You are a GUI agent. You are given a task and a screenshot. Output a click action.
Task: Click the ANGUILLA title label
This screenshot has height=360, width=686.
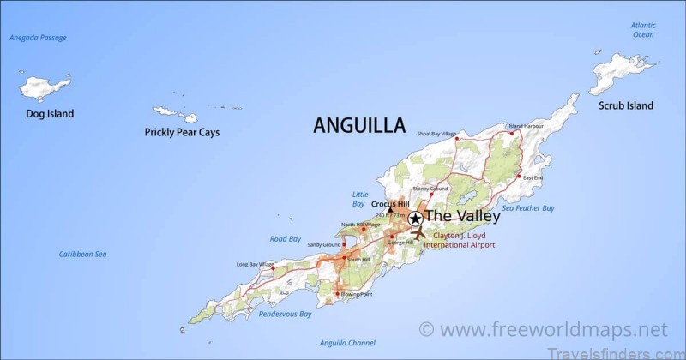tap(359, 125)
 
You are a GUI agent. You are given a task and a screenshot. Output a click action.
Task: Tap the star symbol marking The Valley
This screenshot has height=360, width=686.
tap(415, 218)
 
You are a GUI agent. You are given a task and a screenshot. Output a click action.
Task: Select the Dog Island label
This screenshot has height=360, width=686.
tap(49, 114)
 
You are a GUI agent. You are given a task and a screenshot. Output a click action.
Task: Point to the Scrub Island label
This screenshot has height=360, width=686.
tap(626, 106)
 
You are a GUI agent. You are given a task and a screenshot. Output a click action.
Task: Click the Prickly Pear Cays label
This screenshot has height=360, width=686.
tap(181, 133)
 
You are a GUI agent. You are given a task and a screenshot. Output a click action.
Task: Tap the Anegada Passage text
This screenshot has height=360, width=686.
tap(38, 38)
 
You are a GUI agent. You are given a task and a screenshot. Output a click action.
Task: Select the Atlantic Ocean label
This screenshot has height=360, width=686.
tap(643, 30)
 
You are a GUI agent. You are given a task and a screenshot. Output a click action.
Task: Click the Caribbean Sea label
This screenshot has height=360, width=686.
tap(82, 254)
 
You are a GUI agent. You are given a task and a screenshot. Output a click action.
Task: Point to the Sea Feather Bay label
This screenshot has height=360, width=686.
tap(528, 208)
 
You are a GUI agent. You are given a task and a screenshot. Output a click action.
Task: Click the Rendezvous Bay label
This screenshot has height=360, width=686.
tap(285, 314)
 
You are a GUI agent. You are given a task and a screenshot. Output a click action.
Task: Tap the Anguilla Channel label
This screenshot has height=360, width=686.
tap(346, 343)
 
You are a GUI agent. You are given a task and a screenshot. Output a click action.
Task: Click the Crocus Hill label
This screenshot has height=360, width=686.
tap(389, 203)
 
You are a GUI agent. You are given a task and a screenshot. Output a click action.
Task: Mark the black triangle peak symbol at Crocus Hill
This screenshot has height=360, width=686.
tap(390, 209)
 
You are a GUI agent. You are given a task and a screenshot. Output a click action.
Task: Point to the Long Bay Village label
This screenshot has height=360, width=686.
tap(255, 264)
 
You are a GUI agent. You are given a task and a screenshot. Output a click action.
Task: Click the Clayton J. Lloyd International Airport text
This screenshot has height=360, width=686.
tap(459, 239)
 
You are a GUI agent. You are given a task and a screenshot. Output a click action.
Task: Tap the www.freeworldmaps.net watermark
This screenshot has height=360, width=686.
tap(542, 329)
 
